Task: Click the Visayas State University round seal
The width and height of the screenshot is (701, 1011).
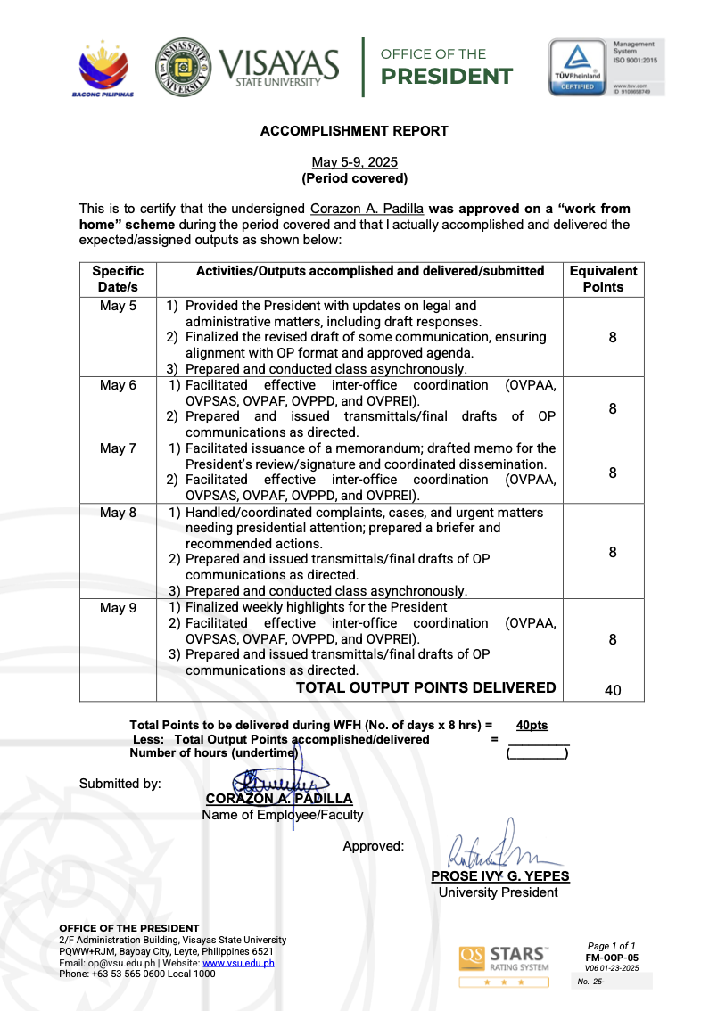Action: (x=184, y=67)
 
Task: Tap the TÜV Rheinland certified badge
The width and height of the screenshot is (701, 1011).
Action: (x=576, y=67)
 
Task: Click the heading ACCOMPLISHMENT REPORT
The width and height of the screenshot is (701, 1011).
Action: (x=354, y=131)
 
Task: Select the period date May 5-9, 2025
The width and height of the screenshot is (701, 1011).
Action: (x=354, y=162)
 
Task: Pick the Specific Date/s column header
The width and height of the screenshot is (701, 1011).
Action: (x=118, y=279)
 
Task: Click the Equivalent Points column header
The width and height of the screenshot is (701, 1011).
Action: (x=603, y=279)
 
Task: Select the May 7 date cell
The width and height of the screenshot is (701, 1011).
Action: (x=118, y=448)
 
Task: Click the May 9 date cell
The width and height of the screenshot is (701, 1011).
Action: (x=118, y=607)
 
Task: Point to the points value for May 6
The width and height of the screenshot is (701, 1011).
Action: (x=613, y=408)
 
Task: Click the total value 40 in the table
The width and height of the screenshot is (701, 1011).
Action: (x=613, y=690)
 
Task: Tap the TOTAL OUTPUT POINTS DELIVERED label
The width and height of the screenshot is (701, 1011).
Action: (x=425, y=687)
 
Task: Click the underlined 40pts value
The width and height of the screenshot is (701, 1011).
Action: (x=532, y=726)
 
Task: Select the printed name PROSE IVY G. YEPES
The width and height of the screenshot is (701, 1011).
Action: (x=499, y=876)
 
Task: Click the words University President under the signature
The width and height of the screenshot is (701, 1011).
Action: (x=499, y=892)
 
